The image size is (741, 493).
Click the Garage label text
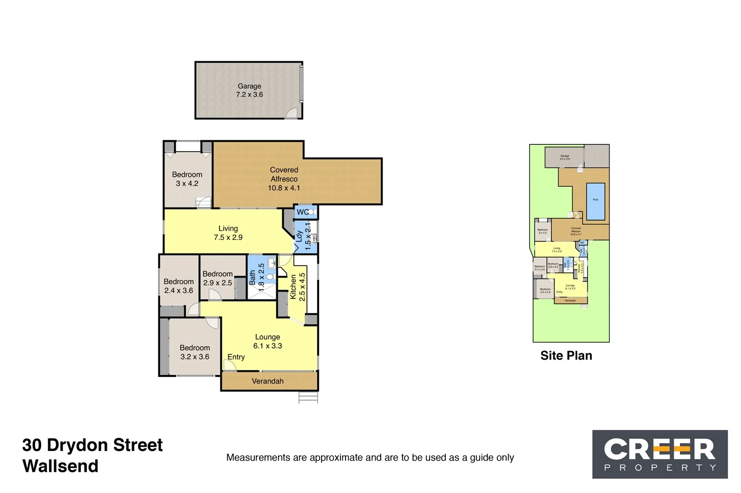(x=249, y=86)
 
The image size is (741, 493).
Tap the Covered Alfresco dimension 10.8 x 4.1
(x=283, y=188)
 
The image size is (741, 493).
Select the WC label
(x=302, y=212)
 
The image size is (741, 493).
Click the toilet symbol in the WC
(x=312, y=212)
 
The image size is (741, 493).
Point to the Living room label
(x=228, y=228)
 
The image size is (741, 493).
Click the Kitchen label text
(x=293, y=287)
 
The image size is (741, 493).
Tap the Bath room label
(x=252, y=277)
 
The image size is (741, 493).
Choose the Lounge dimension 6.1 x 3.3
(x=267, y=346)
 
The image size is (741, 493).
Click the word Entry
(x=236, y=357)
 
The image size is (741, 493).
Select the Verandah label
(x=267, y=381)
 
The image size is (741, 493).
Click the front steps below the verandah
(x=308, y=397)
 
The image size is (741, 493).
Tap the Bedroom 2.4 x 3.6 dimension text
(x=178, y=290)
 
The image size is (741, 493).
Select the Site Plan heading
(x=566, y=356)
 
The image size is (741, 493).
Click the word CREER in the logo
(x=659, y=449)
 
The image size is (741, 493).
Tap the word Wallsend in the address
(x=60, y=466)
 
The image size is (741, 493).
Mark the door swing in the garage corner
(x=291, y=113)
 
